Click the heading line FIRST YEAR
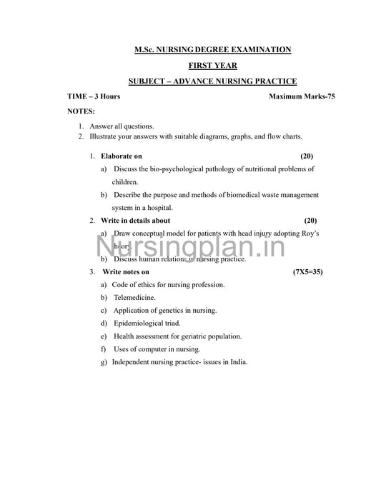(x=213, y=65)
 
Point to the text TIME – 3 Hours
(x=94, y=96)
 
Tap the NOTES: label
(x=81, y=111)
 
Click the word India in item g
(x=239, y=361)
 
